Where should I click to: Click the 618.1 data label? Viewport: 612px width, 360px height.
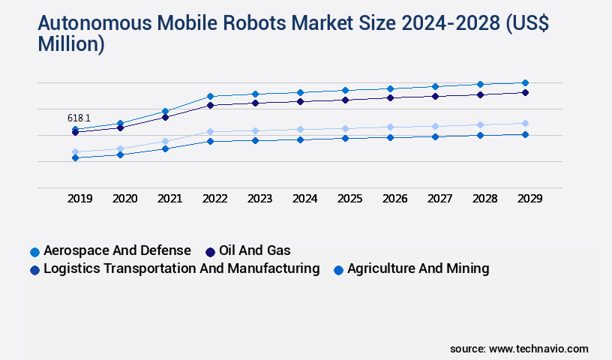79,118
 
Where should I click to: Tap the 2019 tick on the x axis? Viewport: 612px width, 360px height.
80,199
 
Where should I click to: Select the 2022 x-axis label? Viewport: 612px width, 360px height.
214,199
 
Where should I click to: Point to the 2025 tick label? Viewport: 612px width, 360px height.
349,199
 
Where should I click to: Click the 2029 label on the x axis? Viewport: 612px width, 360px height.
529,199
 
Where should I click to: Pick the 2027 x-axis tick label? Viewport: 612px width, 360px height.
439,199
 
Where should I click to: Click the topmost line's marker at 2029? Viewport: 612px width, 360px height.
525,82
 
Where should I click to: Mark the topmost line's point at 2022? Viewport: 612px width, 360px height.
210,96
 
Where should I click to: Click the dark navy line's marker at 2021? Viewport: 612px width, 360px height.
165,117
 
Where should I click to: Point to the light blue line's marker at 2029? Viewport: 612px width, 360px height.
525,123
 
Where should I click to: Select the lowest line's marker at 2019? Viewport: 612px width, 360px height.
75,157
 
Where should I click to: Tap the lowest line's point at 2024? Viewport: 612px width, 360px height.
300,139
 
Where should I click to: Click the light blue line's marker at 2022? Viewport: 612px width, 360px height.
210,131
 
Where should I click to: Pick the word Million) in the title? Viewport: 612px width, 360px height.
70,43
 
